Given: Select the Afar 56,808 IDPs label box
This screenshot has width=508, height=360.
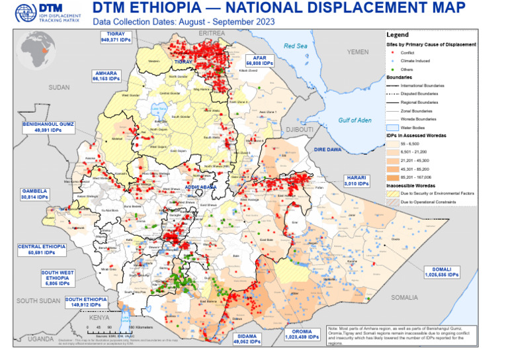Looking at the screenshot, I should point(259,61).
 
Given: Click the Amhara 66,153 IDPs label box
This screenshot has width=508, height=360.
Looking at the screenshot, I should point(106,75).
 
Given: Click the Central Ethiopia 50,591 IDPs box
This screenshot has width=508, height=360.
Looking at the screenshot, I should point(42,249).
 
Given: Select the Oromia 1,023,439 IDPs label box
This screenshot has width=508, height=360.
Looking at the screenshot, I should point(304,334).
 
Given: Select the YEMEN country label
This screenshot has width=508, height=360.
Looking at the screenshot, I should point(358,52).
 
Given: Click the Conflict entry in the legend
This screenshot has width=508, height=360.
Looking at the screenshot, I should point(413,51).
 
